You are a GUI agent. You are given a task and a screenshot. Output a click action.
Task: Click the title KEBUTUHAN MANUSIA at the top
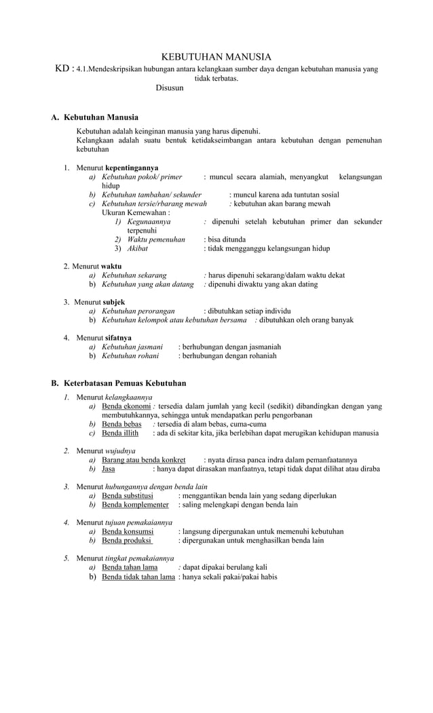pyautogui.click(x=216, y=57)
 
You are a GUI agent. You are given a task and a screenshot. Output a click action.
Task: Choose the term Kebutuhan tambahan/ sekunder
pyautogui.click(x=147, y=195)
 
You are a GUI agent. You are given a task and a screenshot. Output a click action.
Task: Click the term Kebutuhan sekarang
pyautogui.click(x=134, y=275)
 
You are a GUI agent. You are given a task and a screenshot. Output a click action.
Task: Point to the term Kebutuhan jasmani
pyautogui.click(x=132, y=347)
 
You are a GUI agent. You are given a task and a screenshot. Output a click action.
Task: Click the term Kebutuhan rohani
pyautogui.click(x=130, y=355)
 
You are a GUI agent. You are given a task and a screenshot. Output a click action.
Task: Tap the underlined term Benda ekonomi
pyautogui.click(x=126, y=406)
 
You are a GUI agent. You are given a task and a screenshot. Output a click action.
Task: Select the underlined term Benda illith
pyautogui.click(x=120, y=433)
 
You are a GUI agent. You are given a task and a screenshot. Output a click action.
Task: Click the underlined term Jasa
pyautogui.click(x=109, y=469)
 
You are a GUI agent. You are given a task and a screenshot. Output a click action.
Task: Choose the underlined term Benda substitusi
pyautogui.click(x=127, y=496)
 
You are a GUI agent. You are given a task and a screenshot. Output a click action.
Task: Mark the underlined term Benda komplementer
pyautogui.click(x=135, y=505)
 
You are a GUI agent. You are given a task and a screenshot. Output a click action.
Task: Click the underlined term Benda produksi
pyautogui.click(x=127, y=541)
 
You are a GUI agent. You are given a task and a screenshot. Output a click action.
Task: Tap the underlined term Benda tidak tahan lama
pyautogui.click(x=138, y=577)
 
